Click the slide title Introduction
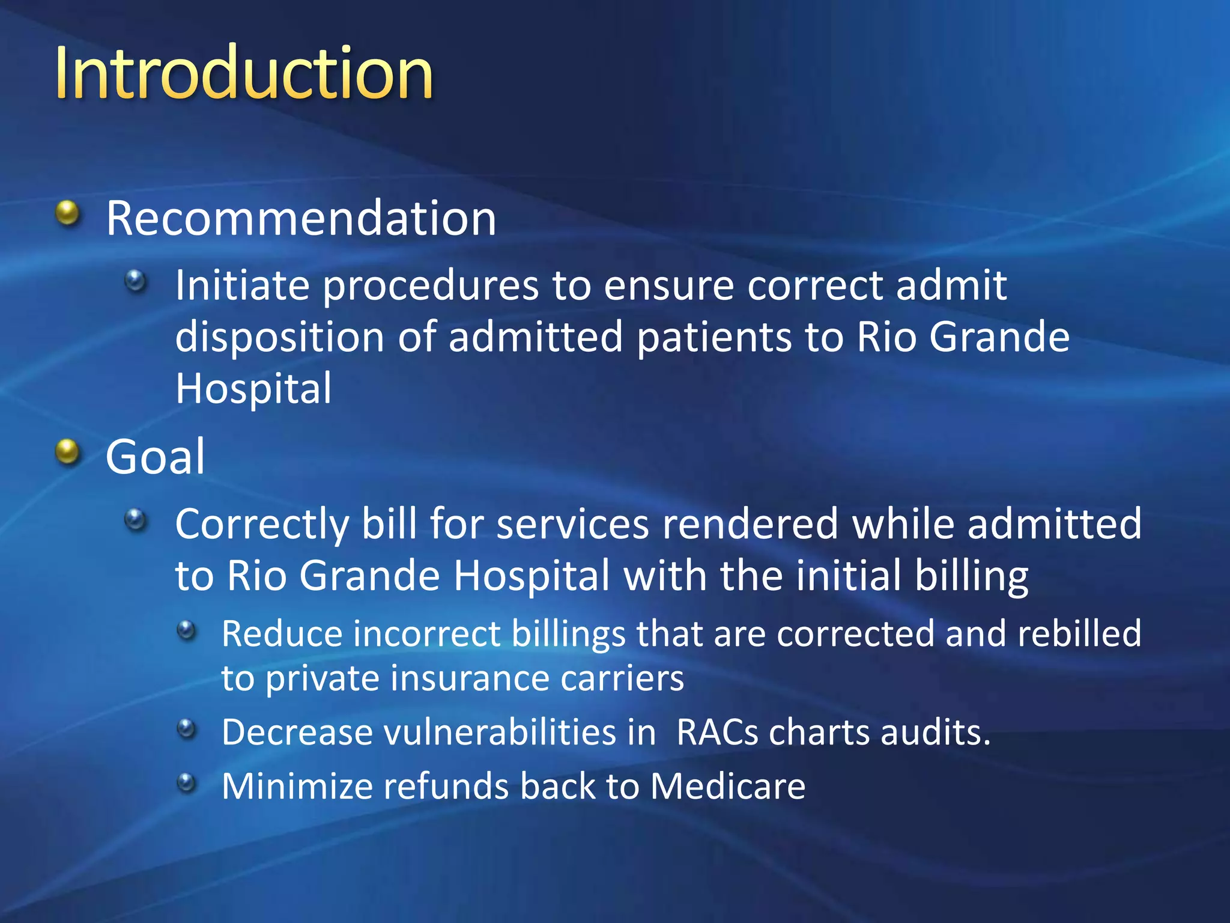click(243, 73)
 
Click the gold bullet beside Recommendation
click(68, 213)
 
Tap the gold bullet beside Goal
click(68, 452)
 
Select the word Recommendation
click(301, 218)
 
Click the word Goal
click(155, 457)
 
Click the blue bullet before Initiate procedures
click(136, 280)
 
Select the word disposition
click(279, 337)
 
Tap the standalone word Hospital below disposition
click(253, 389)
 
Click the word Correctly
click(262, 524)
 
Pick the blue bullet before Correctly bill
click(136, 519)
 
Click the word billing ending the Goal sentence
click(971, 576)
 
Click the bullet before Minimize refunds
click(187, 782)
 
